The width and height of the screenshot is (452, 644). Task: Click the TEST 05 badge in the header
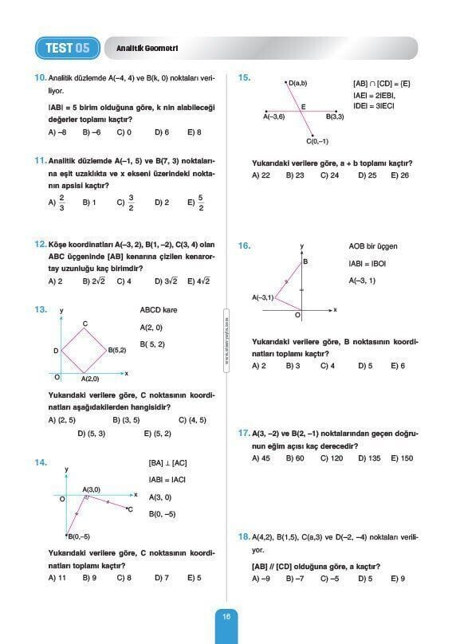tap(67, 48)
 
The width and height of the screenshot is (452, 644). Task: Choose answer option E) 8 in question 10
tap(195, 132)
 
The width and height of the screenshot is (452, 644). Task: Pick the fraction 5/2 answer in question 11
tap(196, 202)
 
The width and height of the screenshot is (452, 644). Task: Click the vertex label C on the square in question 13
tap(85, 323)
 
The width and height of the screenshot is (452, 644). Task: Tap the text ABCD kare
tap(159, 310)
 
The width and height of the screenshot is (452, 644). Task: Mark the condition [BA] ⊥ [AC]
tap(167, 463)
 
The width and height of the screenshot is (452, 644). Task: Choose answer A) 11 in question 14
tap(57, 578)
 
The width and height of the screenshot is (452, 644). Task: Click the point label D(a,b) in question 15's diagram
tap(298, 83)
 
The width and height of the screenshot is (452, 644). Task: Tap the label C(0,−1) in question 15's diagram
tap(317, 141)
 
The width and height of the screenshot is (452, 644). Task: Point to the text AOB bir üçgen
tap(372, 246)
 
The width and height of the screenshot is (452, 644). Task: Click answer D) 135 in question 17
tap(367, 458)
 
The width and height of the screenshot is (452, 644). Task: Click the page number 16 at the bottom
tap(226, 615)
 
